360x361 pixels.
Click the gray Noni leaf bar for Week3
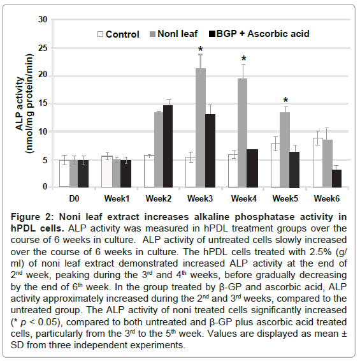click(x=200, y=128)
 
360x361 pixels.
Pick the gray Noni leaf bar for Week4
click(x=241, y=133)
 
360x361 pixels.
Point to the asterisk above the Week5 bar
click(x=285, y=101)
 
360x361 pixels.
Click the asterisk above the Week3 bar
click(x=200, y=50)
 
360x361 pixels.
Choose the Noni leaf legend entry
click(x=174, y=34)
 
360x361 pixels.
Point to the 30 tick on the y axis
click(x=43, y=20)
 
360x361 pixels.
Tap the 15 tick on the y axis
click(x=43, y=104)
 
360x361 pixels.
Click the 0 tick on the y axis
click(x=45, y=188)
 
